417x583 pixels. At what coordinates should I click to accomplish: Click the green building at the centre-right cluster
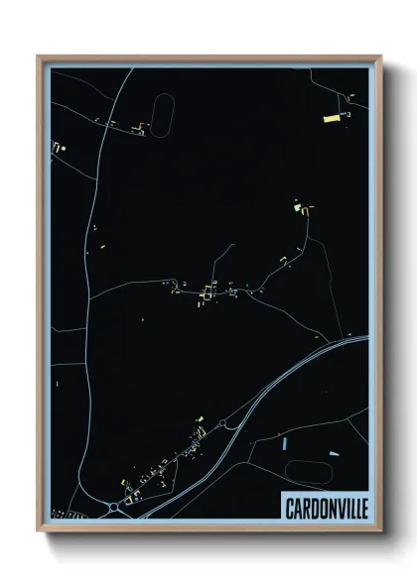point(296,208)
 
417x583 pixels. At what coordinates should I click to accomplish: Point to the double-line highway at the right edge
point(357,343)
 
